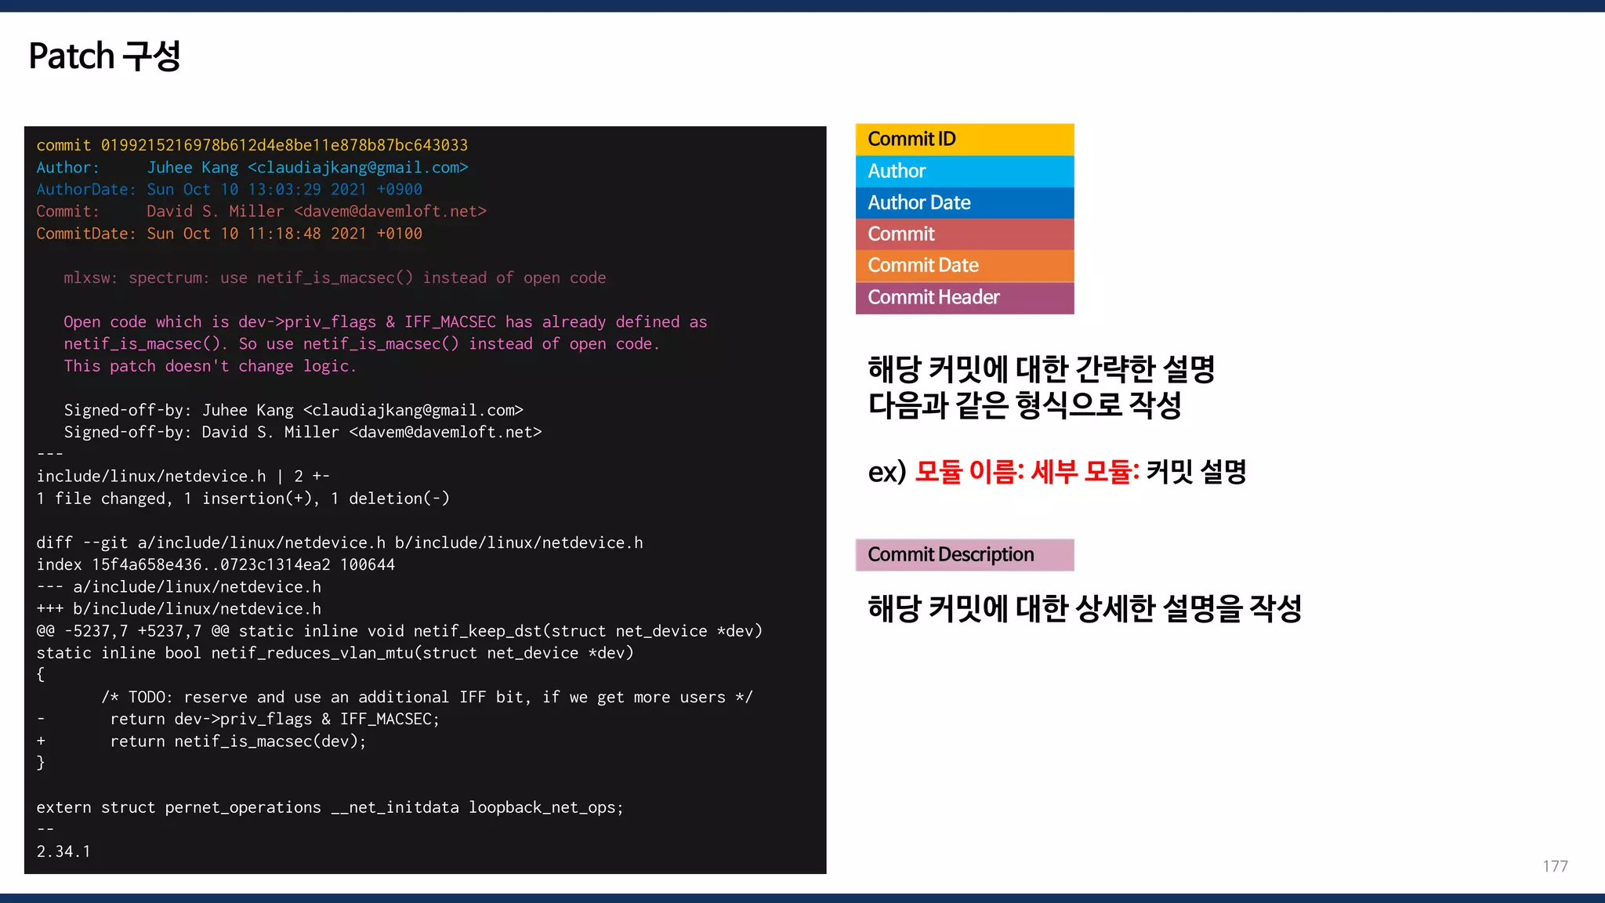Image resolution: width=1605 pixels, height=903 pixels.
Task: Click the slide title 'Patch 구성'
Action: point(104,56)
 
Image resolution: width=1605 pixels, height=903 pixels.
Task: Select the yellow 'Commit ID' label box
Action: point(964,140)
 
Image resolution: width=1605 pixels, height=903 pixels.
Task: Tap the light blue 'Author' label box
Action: point(964,171)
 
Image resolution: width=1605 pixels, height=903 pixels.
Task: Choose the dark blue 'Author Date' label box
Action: point(964,202)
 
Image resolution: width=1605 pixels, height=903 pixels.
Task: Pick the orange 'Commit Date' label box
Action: point(964,266)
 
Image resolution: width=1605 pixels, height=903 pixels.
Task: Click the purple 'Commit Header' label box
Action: point(964,298)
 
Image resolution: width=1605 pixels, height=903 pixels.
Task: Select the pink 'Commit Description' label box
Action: point(964,555)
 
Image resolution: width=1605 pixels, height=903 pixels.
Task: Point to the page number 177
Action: point(1555,866)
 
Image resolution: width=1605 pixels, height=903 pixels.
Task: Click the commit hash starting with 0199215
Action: point(284,146)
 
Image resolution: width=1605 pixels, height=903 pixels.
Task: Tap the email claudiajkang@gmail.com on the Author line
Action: point(357,168)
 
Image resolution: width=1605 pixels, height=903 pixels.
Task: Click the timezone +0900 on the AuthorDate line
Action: point(399,190)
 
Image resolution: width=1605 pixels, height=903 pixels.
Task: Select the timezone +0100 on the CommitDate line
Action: point(399,234)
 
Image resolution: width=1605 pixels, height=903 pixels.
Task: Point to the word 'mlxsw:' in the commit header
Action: point(90,278)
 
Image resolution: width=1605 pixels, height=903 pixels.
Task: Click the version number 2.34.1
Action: point(63,852)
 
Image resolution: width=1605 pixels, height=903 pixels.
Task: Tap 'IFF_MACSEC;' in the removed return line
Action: point(389,720)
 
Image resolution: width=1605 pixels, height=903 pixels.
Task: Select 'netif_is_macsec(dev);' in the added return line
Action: point(270,742)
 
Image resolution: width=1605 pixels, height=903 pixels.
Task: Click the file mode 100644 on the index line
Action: point(367,565)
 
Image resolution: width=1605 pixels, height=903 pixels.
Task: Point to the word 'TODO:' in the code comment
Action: point(150,698)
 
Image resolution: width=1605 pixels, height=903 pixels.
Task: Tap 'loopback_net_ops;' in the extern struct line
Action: point(545,808)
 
